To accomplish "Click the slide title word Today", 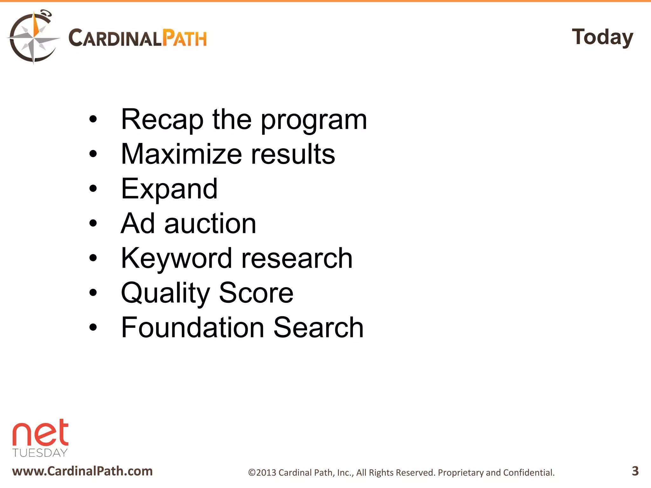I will (602, 37).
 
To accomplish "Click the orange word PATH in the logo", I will (184, 38).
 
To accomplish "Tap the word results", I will (293, 154).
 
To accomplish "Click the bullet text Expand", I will (169, 189).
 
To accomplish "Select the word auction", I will (210, 224).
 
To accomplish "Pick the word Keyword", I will (176, 259).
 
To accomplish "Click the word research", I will (297, 259).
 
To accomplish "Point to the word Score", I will (256, 293).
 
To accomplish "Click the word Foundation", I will (193, 328).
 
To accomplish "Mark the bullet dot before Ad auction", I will (93, 223).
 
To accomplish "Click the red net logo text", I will (40, 433).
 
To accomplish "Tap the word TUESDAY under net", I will (40, 453).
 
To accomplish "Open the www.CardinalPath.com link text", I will (82, 471).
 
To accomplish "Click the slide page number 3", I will (635, 471).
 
